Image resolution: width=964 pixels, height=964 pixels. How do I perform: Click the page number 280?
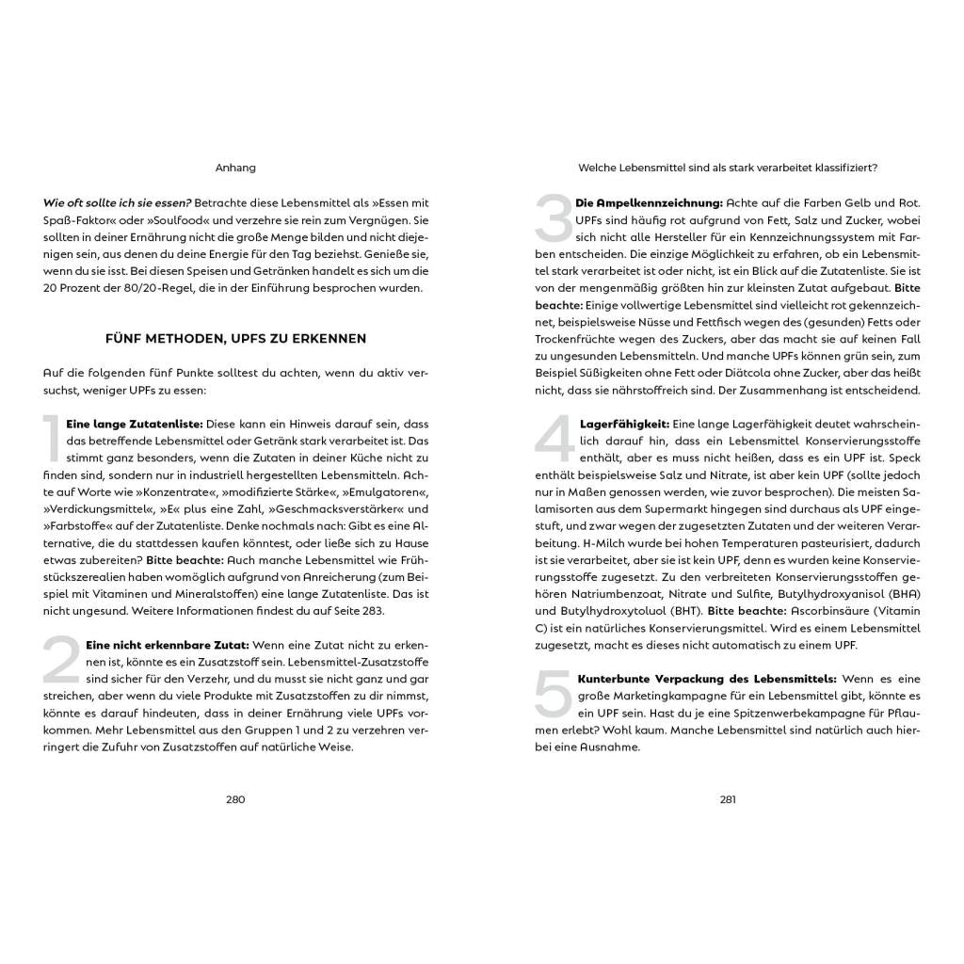(235, 799)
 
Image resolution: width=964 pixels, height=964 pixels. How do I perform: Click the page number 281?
(728, 799)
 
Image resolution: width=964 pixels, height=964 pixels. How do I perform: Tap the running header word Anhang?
(235, 169)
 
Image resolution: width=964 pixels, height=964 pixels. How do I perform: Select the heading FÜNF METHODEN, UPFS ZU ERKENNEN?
(235, 338)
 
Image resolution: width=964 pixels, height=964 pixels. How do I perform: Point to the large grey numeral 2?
(59, 660)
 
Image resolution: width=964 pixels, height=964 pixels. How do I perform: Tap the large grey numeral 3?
(553, 218)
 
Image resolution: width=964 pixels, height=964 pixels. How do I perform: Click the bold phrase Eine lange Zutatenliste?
(127, 425)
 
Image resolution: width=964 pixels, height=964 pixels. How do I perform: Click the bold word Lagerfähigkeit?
(624, 425)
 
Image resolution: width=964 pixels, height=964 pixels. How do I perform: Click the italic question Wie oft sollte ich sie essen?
(118, 202)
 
